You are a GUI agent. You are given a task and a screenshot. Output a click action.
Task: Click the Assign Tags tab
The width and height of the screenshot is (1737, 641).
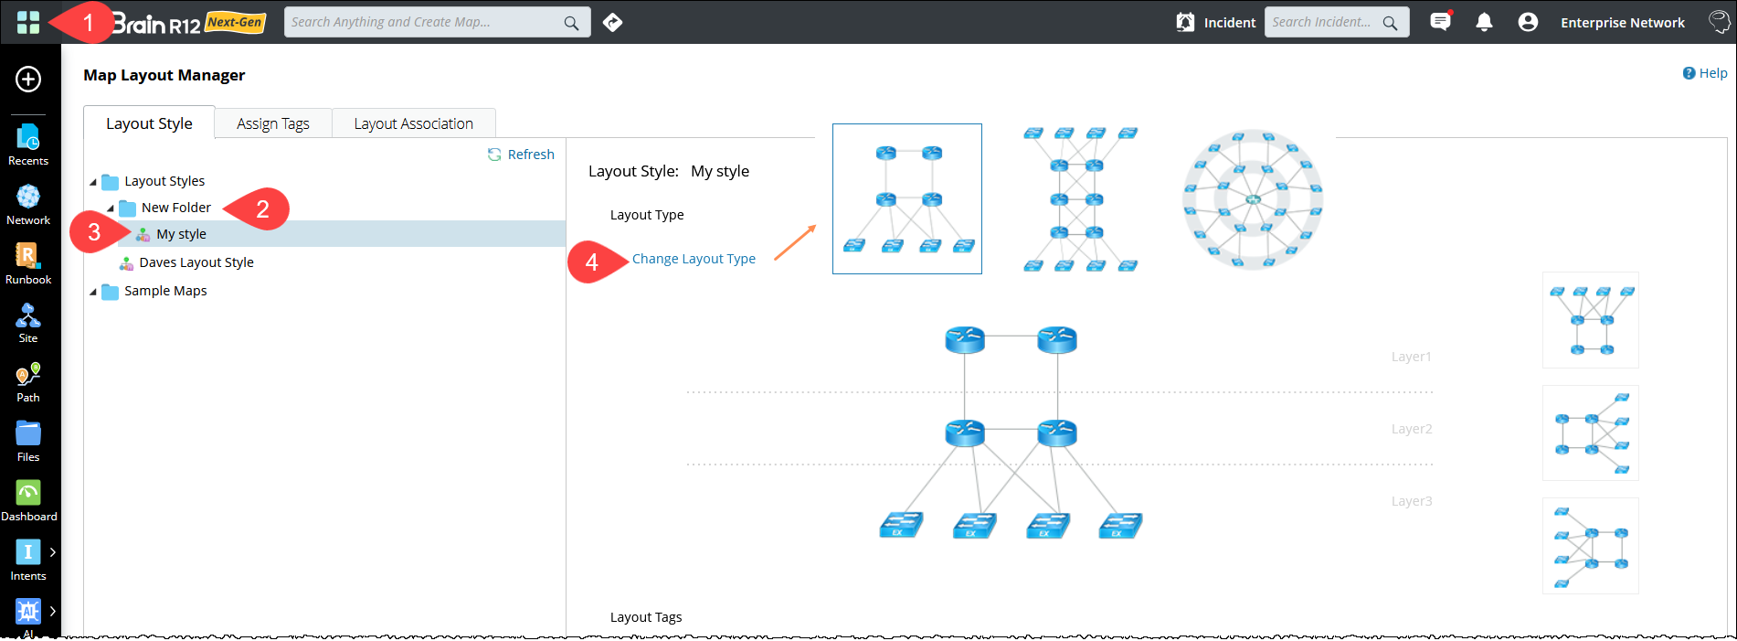point(272,123)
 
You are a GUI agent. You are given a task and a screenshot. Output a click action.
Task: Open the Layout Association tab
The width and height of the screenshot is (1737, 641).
point(413,123)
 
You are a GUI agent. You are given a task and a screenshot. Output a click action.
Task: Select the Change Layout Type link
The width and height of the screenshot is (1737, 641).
point(694,259)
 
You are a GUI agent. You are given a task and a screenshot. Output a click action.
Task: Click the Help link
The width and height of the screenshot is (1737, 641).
point(1705,73)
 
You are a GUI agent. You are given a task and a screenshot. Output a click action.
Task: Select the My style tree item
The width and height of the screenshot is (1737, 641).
point(181,234)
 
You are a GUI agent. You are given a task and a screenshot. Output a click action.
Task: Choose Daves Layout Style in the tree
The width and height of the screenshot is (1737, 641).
point(196,262)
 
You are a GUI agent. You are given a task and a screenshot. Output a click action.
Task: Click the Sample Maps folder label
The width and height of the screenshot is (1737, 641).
point(165,291)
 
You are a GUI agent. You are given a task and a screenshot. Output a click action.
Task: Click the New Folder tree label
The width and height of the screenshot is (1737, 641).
point(175,208)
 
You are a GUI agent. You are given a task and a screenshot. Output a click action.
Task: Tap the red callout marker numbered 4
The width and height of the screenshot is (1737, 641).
point(592,262)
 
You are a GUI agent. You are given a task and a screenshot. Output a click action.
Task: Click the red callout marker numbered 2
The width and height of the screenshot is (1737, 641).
point(261,209)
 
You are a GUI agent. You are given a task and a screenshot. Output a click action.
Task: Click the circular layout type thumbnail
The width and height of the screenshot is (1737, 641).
point(1252,198)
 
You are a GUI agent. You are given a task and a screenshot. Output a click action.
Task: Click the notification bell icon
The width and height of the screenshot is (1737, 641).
point(1484,22)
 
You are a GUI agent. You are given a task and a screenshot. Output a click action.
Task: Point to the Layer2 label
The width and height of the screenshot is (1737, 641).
point(1412,429)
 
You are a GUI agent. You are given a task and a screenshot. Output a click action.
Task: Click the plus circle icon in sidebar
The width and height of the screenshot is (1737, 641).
point(28,80)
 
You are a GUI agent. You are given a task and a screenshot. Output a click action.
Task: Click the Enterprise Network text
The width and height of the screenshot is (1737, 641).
point(1622,23)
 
